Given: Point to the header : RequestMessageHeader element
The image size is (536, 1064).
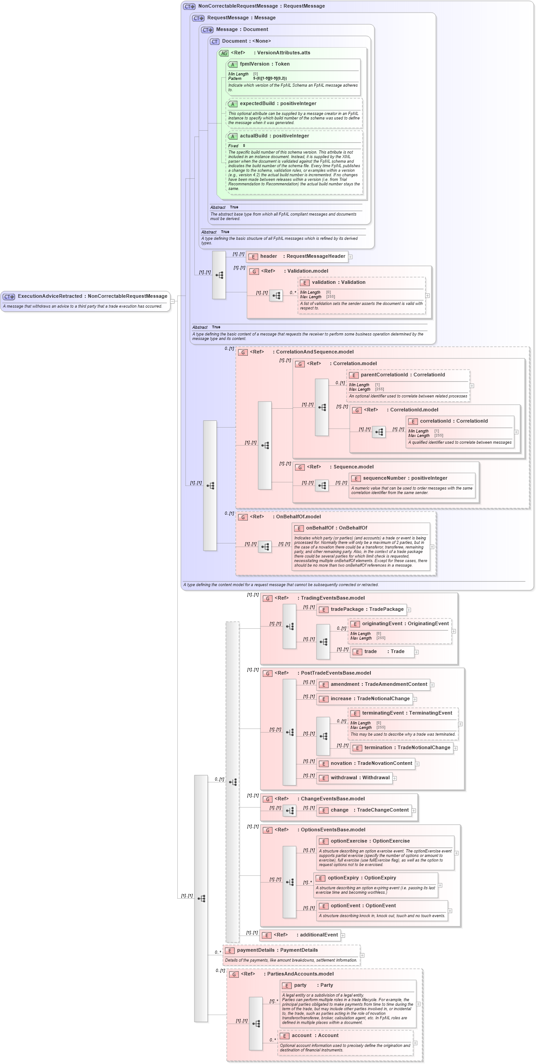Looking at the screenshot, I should [x=302, y=256].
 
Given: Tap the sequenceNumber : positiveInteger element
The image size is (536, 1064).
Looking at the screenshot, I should [x=404, y=478].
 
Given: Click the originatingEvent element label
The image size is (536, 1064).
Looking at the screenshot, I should [x=405, y=624].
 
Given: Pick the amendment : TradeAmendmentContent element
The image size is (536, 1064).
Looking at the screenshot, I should [x=378, y=684].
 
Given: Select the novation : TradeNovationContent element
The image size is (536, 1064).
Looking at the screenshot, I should [x=371, y=764].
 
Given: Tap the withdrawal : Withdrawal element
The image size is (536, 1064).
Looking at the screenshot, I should [x=360, y=778].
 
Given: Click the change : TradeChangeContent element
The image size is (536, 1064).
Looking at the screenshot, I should [x=369, y=810].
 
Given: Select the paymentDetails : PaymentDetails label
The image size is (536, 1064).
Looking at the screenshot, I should [x=277, y=950].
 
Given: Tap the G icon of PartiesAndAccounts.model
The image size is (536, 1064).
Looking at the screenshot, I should [x=234, y=975].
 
